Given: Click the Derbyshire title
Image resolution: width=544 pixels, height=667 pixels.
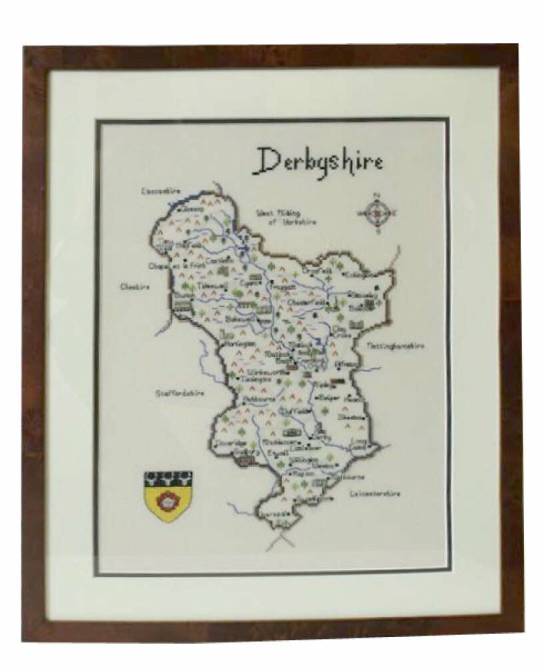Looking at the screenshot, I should (x=321, y=161).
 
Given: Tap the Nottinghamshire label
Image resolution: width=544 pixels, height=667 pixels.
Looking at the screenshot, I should (x=396, y=346).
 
